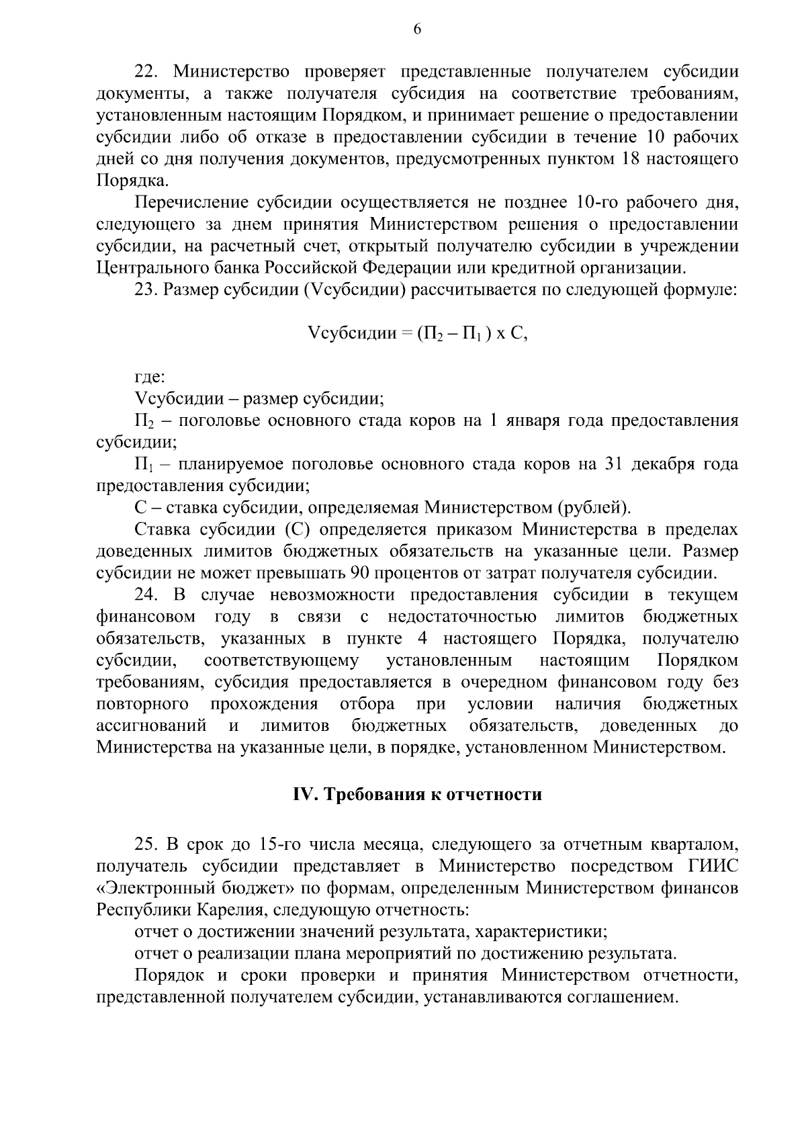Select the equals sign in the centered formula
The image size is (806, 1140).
(x=406, y=334)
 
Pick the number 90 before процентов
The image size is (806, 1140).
(x=360, y=573)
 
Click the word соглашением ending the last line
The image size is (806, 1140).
(x=616, y=997)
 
